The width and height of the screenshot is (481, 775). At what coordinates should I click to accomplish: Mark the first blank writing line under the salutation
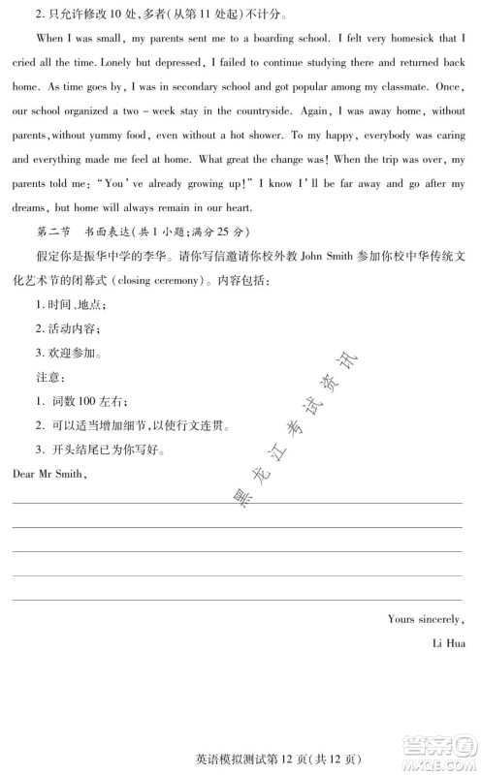coord(238,502)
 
